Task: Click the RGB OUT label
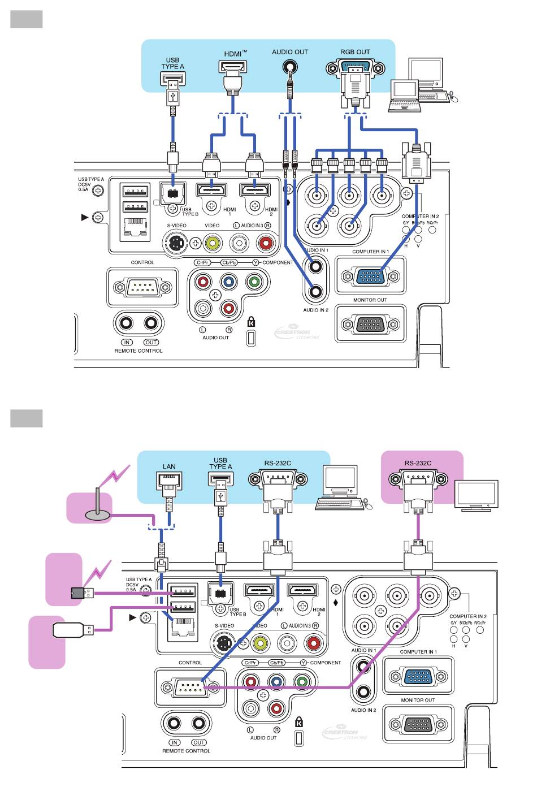pos(355,52)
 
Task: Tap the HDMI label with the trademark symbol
pos(235,54)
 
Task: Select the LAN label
pos(169,466)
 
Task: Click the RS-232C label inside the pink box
pos(418,463)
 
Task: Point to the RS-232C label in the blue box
pos(278,463)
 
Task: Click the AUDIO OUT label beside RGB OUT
pos(290,52)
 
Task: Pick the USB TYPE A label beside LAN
pos(220,464)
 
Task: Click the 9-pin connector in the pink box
pos(418,479)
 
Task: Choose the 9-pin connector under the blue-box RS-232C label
pos(278,479)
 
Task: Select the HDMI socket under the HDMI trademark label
pos(233,68)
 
